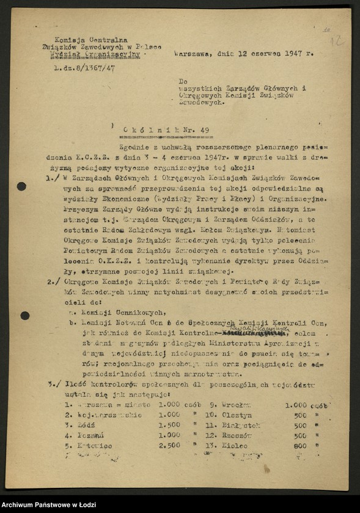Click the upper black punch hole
[21, 186]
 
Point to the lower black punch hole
[24, 316]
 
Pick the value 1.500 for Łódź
[169, 425]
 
